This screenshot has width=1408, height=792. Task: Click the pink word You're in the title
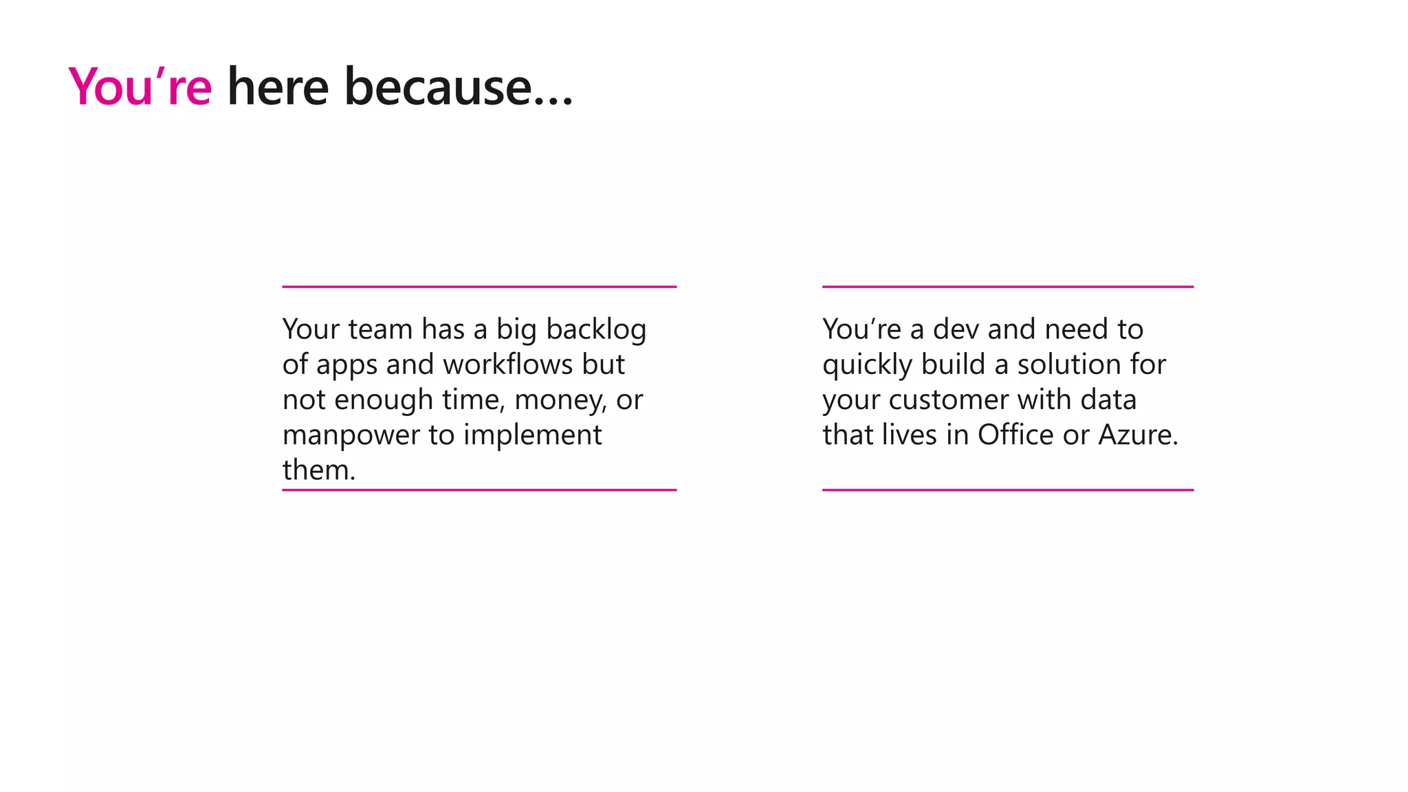pyautogui.click(x=140, y=87)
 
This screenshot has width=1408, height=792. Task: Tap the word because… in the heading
pyautogui.click(x=458, y=87)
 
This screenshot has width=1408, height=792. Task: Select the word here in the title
pyautogui.click(x=278, y=87)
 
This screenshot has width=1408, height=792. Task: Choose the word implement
pyautogui.click(x=532, y=434)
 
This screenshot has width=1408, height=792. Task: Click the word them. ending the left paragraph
pyautogui.click(x=319, y=470)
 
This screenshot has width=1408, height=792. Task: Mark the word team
pyautogui.click(x=380, y=329)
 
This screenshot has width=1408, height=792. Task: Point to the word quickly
pyautogui.click(x=867, y=365)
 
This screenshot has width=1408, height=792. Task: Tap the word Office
pyautogui.click(x=1015, y=434)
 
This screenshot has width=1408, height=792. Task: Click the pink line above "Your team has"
pyautogui.click(x=479, y=287)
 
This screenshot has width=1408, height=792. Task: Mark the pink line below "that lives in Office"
pyautogui.click(x=1007, y=490)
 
